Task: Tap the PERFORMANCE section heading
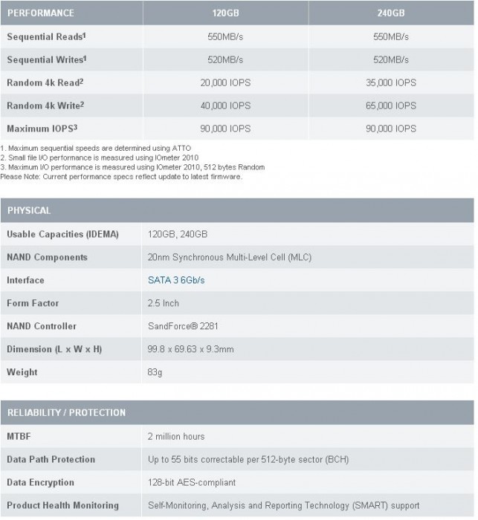[41, 13]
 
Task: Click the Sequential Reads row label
[44, 36]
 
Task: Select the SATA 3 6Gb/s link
[175, 280]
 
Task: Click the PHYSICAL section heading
[29, 211]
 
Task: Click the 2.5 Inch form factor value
[164, 303]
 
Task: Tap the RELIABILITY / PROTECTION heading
[66, 412]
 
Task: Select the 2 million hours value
[176, 436]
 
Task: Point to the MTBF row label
[19, 436]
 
